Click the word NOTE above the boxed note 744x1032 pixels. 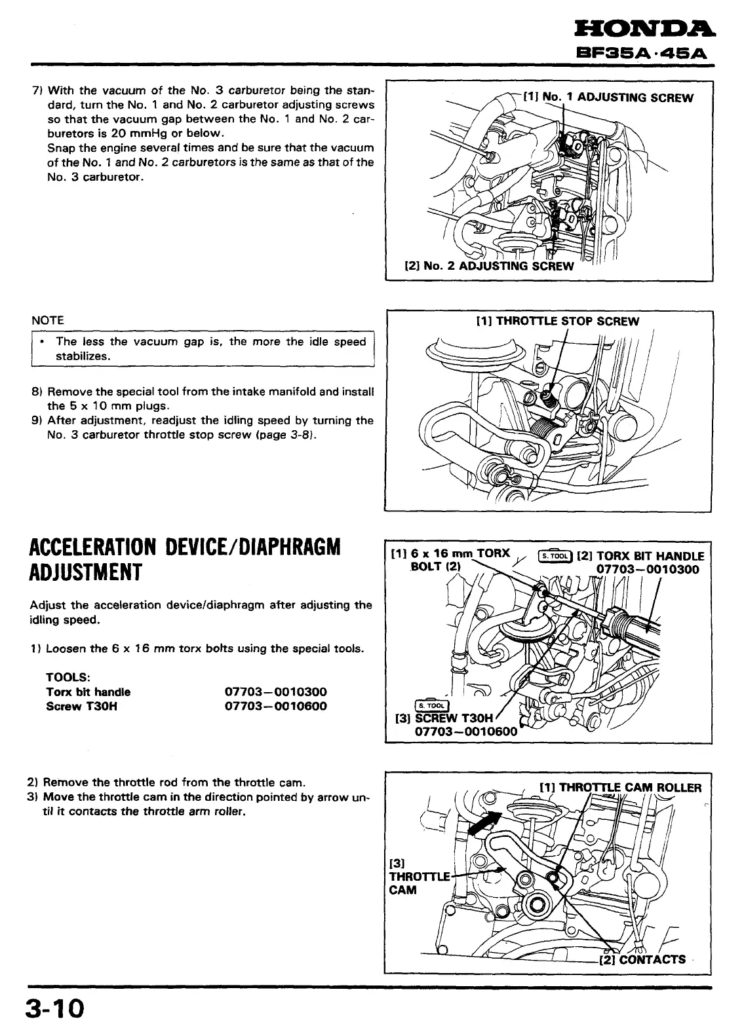point(48,320)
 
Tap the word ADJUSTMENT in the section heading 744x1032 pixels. point(86,572)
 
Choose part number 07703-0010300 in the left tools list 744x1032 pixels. point(275,691)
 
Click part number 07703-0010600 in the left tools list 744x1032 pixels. point(275,706)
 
